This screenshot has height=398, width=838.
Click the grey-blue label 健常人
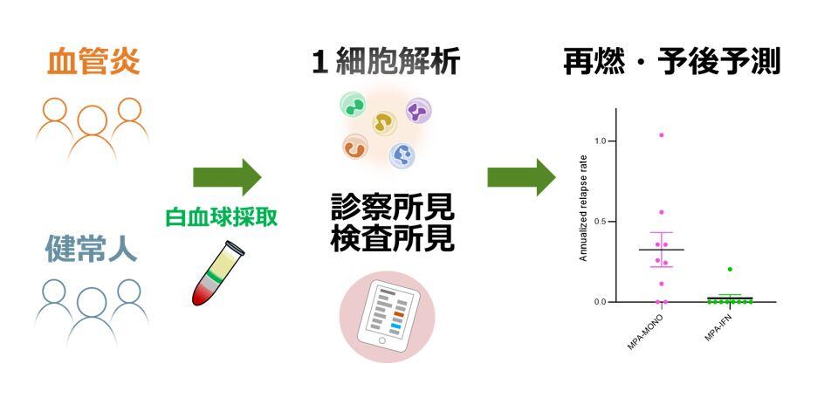[x=91, y=249]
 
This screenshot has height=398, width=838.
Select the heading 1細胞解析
[x=386, y=62]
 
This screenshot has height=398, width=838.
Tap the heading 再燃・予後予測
[x=672, y=62]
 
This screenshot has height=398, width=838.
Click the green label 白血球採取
[x=222, y=217]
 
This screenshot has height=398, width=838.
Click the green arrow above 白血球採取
[x=227, y=176]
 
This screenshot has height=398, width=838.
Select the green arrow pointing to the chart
[x=521, y=176]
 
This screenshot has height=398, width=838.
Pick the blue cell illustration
[x=402, y=155]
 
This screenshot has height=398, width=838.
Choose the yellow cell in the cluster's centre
[x=384, y=123]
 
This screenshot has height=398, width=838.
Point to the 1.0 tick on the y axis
[x=601, y=141]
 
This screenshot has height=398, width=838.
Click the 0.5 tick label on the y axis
[x=601, y=222]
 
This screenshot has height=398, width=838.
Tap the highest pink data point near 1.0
[x=662, y=135]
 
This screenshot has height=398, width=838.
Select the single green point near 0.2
[x=730, y=270]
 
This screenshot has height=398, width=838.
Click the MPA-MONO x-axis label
[x=644, y=333]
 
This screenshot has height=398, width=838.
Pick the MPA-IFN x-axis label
[x=719, y=330]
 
